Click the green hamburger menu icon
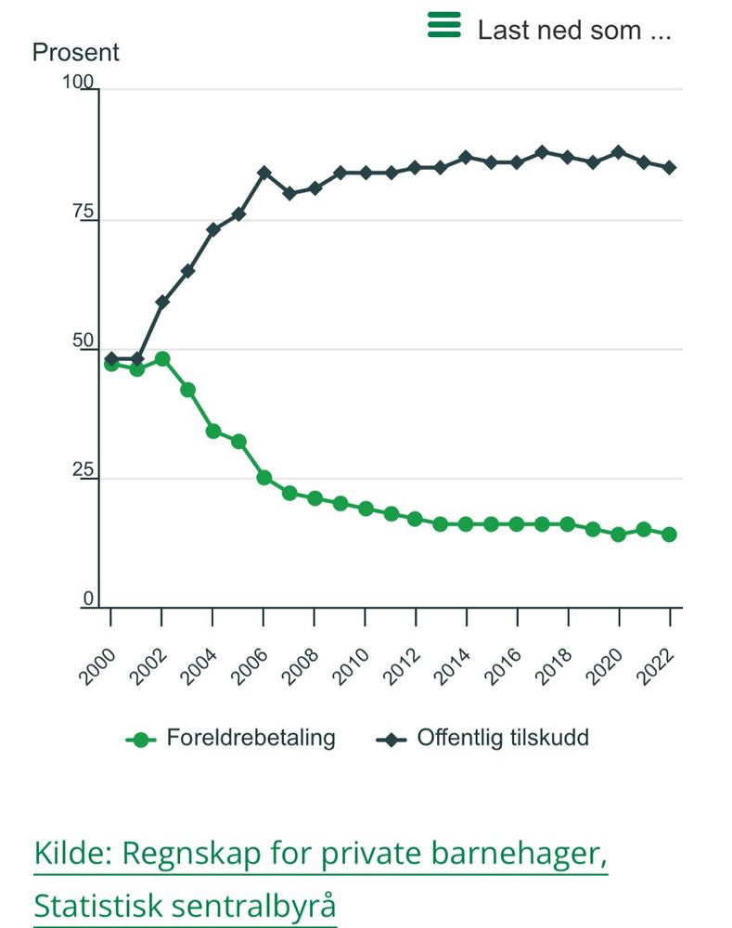443,25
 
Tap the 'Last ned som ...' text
573,30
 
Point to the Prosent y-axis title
76,52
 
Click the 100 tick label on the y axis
78,84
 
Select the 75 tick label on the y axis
84,214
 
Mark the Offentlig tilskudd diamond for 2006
263,173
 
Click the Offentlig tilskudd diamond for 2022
669,168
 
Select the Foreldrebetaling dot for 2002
162,358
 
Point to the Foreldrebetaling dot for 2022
669,535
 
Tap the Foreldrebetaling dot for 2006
263,478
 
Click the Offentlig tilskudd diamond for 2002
162,302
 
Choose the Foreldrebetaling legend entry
231,739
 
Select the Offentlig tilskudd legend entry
483,739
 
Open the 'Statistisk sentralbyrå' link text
185,905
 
